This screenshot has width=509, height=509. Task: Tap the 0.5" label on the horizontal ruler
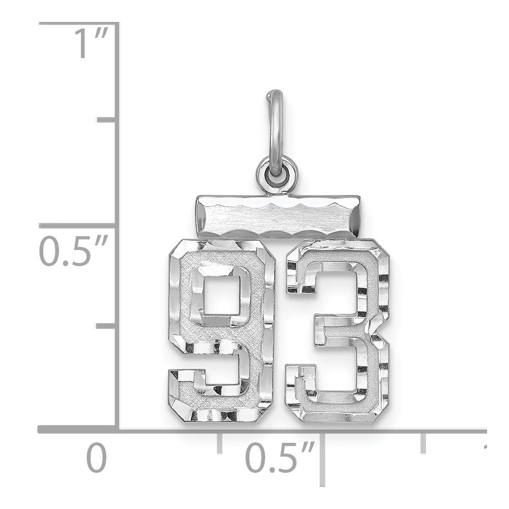coord(279,457)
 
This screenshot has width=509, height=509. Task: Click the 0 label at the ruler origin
coord(97,457)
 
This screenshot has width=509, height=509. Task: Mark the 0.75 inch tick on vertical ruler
coord(106,120)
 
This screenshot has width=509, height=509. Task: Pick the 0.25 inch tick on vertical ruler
coord(106,325)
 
